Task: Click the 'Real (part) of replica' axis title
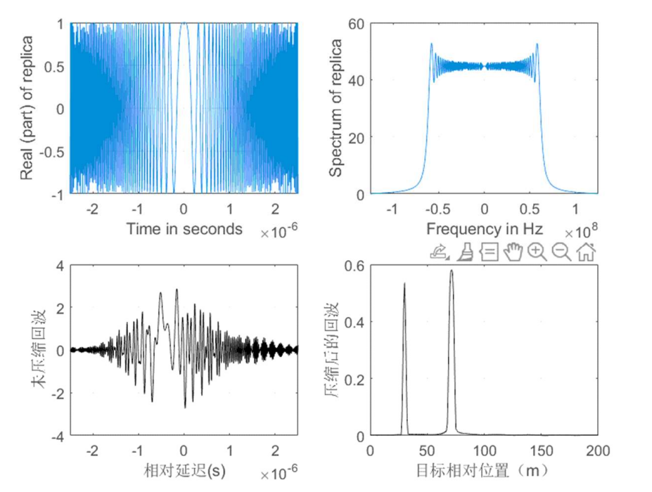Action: coord(28,109)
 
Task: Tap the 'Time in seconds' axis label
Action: coord(184,228)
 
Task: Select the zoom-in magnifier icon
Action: coord(537,252)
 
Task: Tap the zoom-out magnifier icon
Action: coord(561,252)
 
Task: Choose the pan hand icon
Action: coord(513,252)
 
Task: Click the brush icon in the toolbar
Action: coord(465,252)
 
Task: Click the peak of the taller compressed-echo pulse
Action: coord(451,271)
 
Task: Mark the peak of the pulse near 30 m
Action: coord(404,284)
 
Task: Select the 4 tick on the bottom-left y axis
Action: coord(58,266)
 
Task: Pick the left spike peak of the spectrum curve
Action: coord(431,44)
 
